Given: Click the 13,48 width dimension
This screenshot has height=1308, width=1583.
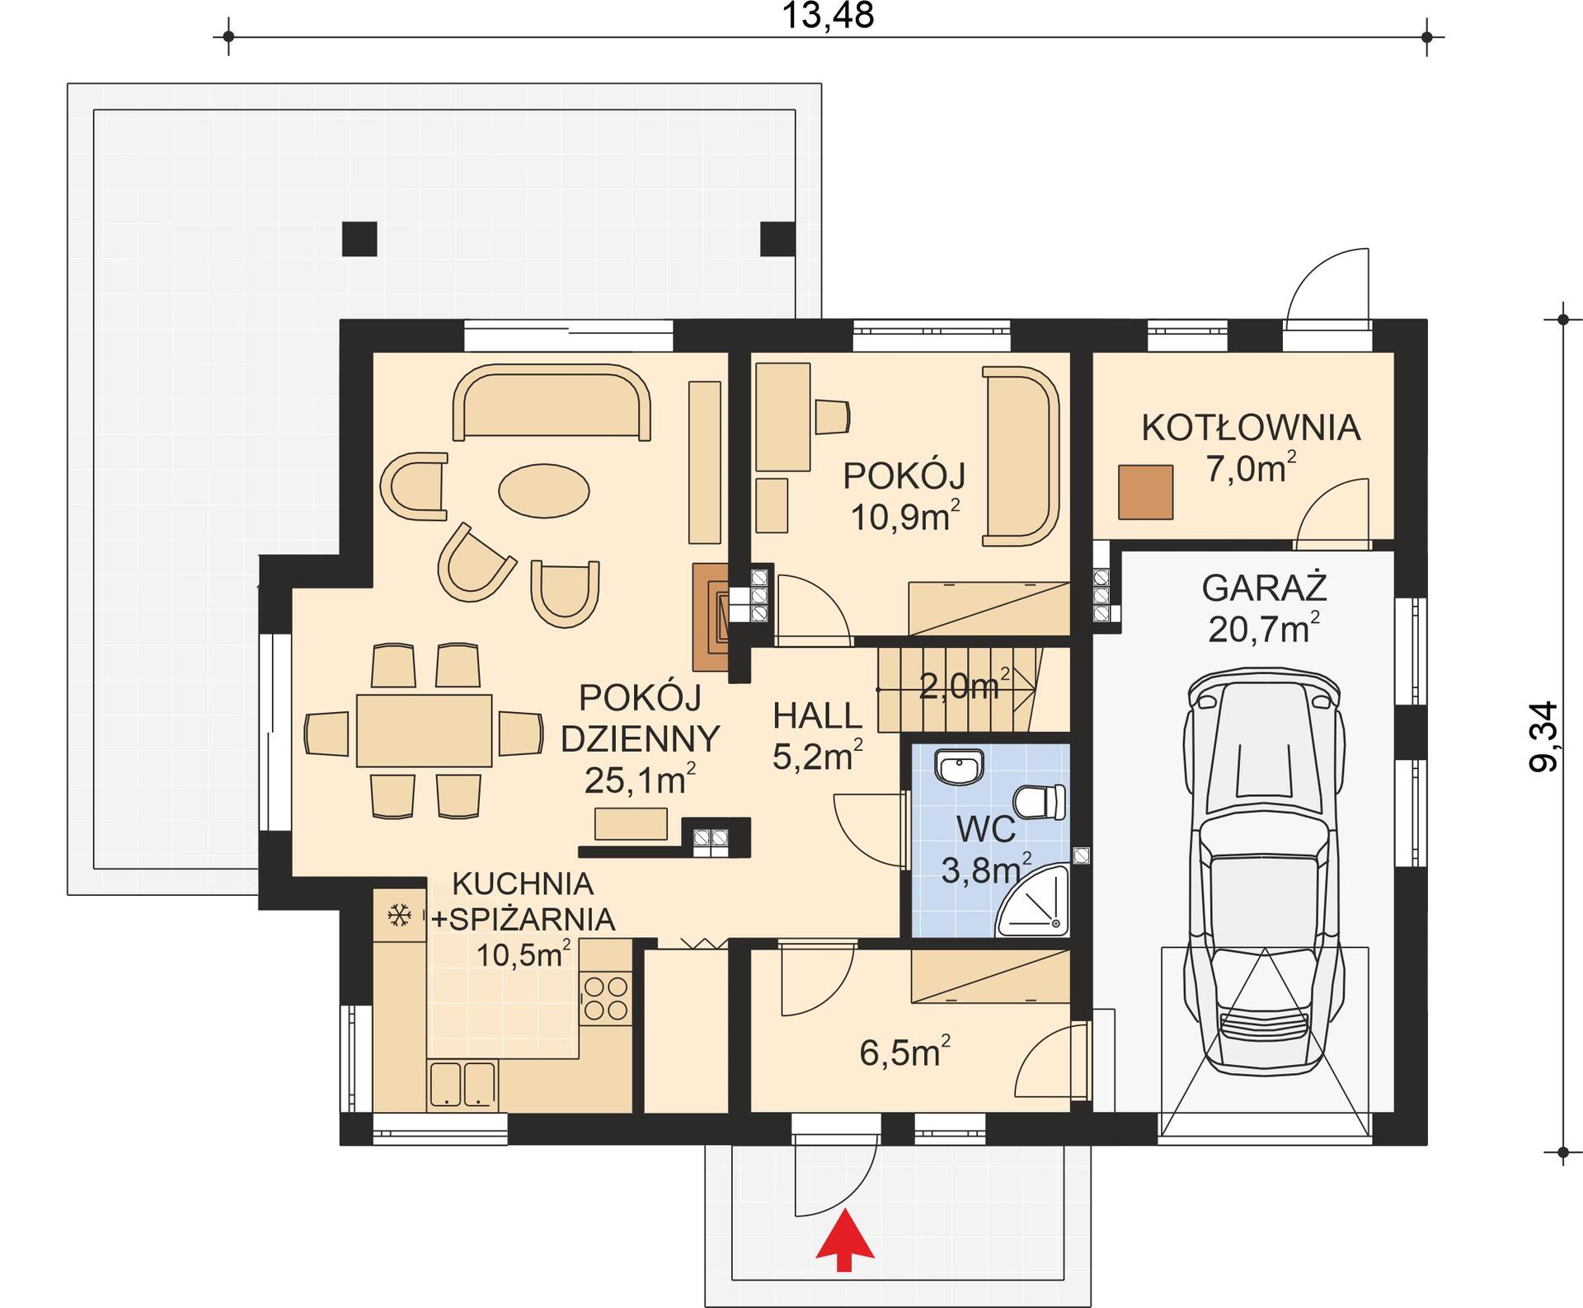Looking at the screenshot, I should [x=827, y=16].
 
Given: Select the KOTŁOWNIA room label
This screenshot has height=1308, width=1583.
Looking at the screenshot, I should [x=1250, y=428].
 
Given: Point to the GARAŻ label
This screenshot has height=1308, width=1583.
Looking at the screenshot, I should [x=1263, y=588].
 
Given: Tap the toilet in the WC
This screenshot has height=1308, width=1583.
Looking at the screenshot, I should [x=1041, y=802].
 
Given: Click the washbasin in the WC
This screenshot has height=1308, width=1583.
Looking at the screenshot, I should [x=959, y=767].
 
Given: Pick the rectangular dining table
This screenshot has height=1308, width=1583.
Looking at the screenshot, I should [x=424, y=730].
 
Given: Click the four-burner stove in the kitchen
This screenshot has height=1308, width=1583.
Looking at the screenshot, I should [x=605, y=998].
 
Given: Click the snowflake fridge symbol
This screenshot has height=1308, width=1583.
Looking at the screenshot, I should [x=400, y=915].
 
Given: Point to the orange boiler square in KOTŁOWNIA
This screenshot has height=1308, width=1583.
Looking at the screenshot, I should [x=1145, y=492].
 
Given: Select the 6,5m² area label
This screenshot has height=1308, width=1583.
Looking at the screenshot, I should [x=904, y=1053].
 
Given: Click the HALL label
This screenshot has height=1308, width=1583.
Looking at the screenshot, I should [x=817, y=716].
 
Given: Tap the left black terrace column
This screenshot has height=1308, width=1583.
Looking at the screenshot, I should [x=359, y=239].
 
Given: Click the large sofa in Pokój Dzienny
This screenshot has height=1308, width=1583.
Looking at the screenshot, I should [x=551, y=405].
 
